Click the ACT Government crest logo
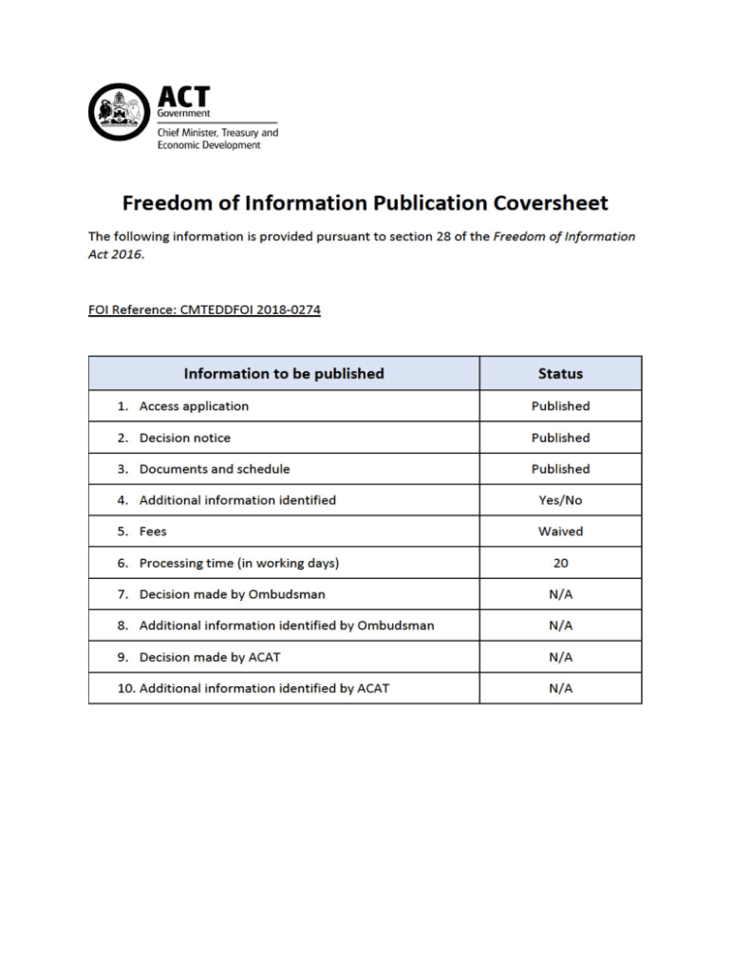point(119,111)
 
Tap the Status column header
point(560,373)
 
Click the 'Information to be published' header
point(284,373)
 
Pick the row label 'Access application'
point(194,406)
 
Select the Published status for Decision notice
point(560,438)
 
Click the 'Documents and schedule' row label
point(215,469)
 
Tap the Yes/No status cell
point(560,500)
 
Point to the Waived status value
point(560,532)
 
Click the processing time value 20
point(560,563)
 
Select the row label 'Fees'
point(153,532)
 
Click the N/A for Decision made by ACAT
point(560,657)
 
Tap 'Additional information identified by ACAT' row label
point(264,688)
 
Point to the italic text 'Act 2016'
point(115,255)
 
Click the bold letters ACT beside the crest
point(183,98)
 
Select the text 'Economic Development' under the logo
point(208,145)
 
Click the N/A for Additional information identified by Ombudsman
point(560,626)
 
